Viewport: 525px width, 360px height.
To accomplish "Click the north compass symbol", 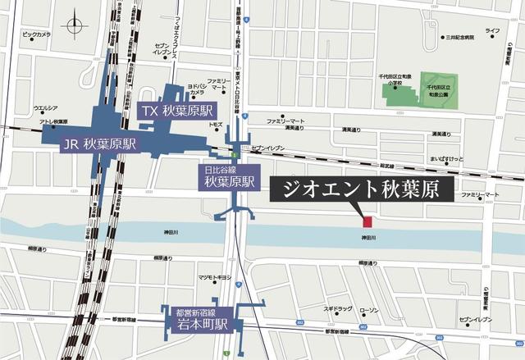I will tap(76, 23).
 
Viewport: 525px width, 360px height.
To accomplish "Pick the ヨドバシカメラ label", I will tap(201, 89).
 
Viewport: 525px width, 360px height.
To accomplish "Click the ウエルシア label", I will tap(44, 108).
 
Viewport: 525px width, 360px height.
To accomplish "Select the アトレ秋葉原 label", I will tap(52, 122).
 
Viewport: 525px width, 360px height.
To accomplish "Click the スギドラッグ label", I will tap(337, 310).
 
